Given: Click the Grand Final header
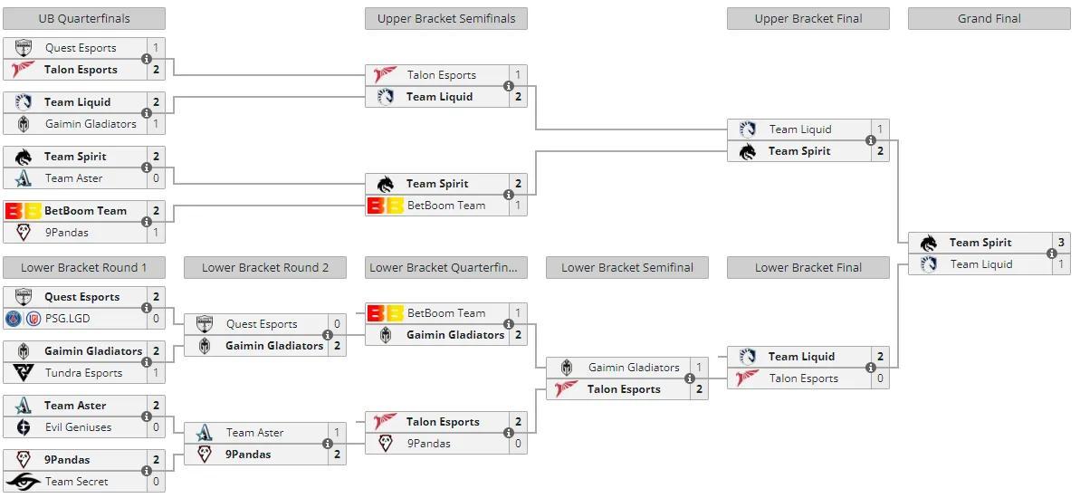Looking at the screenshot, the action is (989, 19).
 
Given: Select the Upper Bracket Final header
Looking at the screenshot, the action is (808, 19).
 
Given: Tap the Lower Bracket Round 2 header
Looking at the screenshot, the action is (265, 268).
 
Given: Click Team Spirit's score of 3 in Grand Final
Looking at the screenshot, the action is (1061, 243).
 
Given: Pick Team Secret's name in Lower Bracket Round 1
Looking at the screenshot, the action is (76, 482).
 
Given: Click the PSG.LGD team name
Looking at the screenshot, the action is (68, 319).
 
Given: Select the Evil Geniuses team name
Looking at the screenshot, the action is (78, 427).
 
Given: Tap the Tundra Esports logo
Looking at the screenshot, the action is (24, 373).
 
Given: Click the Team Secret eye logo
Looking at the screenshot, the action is (23, 482).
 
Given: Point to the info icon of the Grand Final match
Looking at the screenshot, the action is (1052, 254).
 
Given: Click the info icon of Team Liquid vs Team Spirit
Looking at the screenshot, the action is (871, 140).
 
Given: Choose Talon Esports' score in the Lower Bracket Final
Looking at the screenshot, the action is (880, 378).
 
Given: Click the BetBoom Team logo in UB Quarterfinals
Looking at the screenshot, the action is (22, 211).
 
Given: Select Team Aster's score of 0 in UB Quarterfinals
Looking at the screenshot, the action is (157, 178).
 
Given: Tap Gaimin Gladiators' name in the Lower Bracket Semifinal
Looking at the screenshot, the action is (634, 368).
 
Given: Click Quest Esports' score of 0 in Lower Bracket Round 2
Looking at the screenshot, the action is (338, 324).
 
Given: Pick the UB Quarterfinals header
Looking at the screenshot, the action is (84, 19).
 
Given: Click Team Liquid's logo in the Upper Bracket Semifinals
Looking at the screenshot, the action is (385, 97).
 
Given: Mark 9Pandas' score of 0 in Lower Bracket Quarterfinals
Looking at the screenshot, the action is (518, 444).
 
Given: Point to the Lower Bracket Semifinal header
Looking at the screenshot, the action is (626, 268).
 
